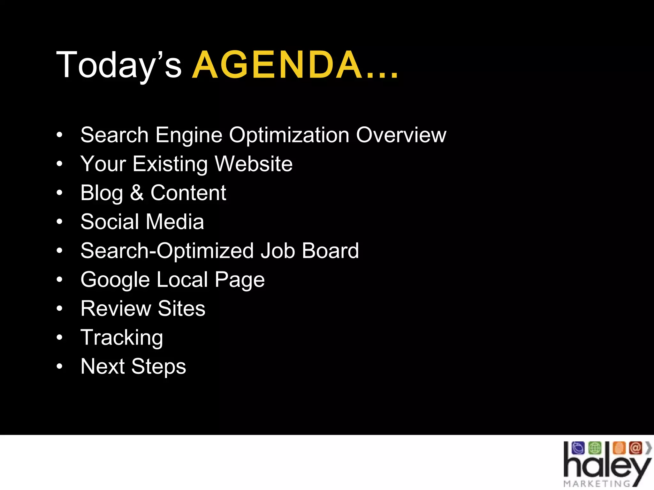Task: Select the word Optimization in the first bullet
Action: pyautogui.click(x=289, y=135)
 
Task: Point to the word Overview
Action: pyautogui.click(x=401, y=135)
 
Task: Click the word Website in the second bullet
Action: pyautogui.click(x=254, y=164)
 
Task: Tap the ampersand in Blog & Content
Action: pyautogui.click(x=137, y=193)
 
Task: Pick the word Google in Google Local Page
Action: pyautogui.click(x=115, y=280)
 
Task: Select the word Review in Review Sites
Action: pyautogui.click(x=116, y=308)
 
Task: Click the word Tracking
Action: pyautogui.click(x=122, y=338)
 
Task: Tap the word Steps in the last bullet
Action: pyautogui.click(x=158, y=367)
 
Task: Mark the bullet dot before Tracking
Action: pyautogui.click(x=59, y=337)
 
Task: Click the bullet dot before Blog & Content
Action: pyautogui.click(x=59, y=193)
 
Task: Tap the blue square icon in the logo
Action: pyautogui.click(x=578, y=448)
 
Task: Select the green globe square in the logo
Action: pyautogui.click(x=595, y=448)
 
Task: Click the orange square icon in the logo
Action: pyautogui.click(x=619, y=448)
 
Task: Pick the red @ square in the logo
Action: pyautogui.click(x=635, y=448)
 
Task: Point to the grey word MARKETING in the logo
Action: pyautogui.click(x=597, y=484)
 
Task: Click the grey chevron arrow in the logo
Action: pyautogui.click(x=648, y=448)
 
